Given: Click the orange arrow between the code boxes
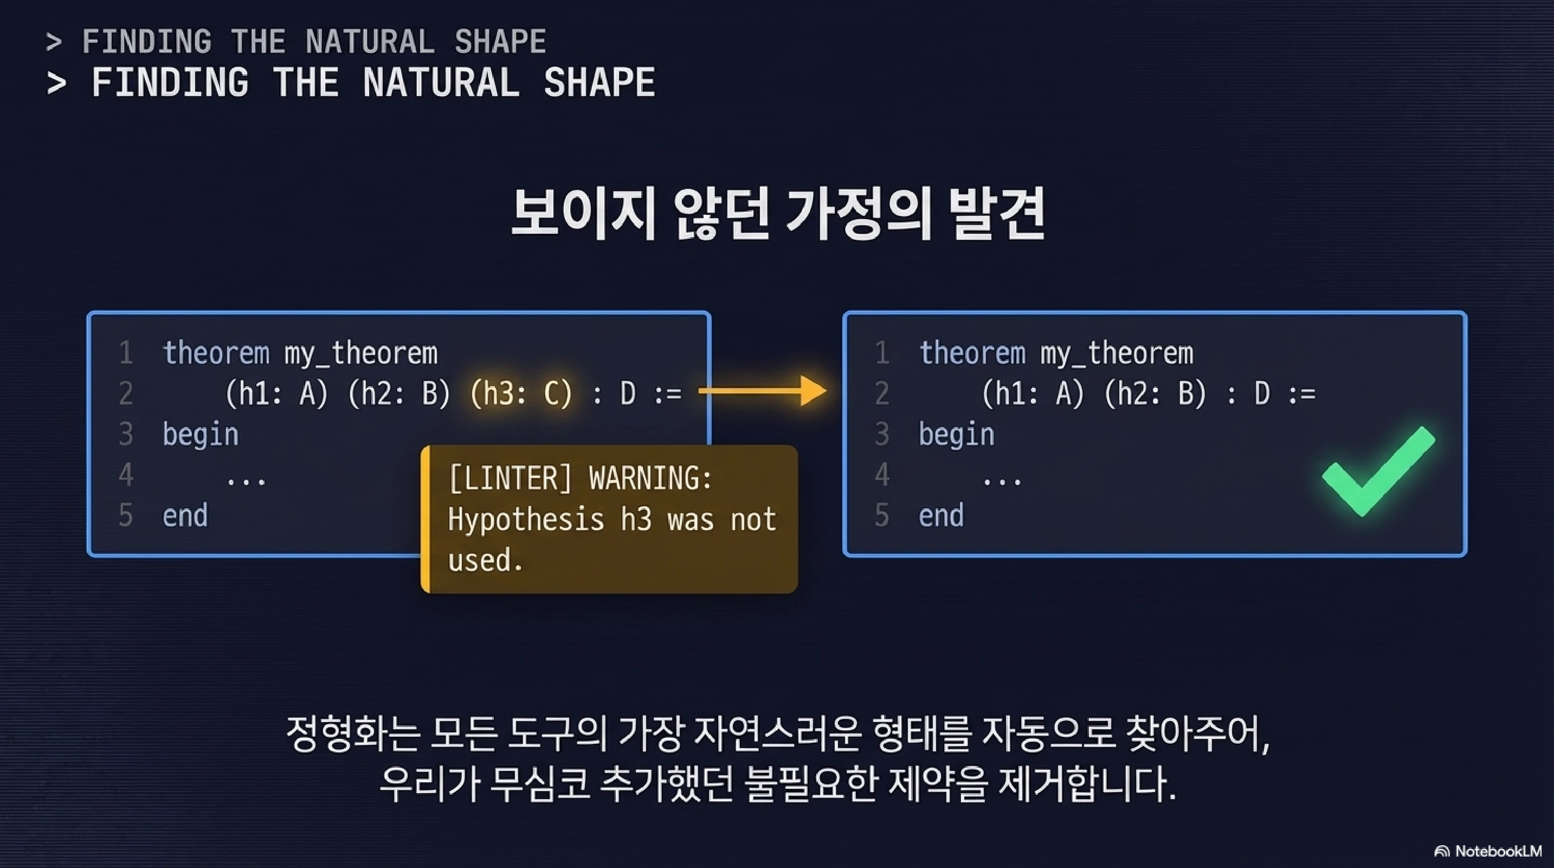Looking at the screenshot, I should coord(764,391).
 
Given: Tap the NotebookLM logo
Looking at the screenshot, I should coord(1488,851).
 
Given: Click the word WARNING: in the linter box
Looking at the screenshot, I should coord(650,478).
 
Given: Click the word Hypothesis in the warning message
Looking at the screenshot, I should coord(525,519).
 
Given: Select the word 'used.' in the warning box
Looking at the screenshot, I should coord(485,559).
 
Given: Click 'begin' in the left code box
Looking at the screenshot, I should coord(201,435).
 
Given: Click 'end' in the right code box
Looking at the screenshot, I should coord(941,515).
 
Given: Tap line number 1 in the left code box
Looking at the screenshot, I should coord(125,353).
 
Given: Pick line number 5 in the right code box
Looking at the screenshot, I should coord(881,515).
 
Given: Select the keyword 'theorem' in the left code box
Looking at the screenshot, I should coord(216,353).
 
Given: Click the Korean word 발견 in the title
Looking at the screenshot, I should coord(996,214).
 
